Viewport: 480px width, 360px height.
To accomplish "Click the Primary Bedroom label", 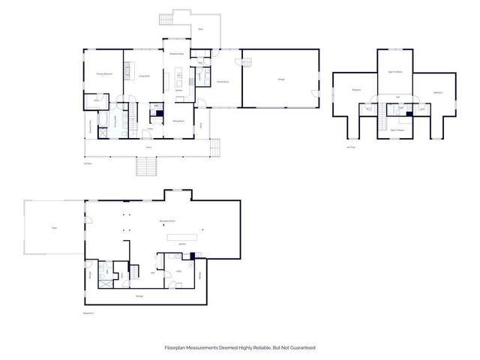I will click(x=103, y=74).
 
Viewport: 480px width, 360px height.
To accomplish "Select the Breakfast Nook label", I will click(x=177, y=55).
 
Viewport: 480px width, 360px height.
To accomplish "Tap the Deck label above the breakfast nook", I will click(x=200, y=29).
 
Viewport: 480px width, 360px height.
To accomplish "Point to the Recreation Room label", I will click(x=158, y=222).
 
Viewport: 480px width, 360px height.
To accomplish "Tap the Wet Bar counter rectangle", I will click(x=182, y=238).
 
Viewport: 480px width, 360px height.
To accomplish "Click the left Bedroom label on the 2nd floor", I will click(x=355, y=91).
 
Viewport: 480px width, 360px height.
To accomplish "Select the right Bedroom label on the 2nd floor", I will click(x=437, y=92).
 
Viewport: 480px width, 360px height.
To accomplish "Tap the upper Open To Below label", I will click(x=395, y=72).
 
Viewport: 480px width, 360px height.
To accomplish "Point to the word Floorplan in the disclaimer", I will click(x=176, y=347).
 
